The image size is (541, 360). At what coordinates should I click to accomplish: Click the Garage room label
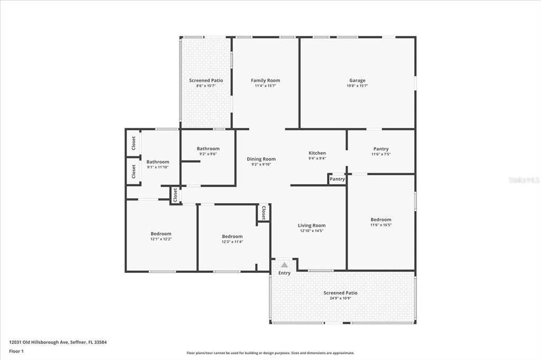pyautogui.click(x=357, y=80)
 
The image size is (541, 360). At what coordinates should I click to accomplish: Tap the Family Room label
pyautogui.click(x=265, y=80)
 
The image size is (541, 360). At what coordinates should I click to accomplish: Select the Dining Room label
pyautogui.click(x=261, y=159)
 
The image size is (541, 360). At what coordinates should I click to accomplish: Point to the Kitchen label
pyautogui.click(x=317, y=153)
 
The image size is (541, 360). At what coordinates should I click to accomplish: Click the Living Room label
pyautogui.click(x=312, y=225)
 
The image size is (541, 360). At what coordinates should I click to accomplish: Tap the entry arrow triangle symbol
pyautogui.click(x=284, y=265)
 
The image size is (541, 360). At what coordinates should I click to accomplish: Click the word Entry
pyautogui.click(x=284, y=273)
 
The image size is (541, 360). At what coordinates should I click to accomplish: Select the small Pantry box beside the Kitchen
pyautogui.click(x=337, y=179)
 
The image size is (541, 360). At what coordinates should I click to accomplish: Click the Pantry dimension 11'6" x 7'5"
pyautogui.click(x=380, y=154)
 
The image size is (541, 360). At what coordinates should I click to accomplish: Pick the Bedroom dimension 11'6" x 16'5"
pyautogui.click(x=380, y=225)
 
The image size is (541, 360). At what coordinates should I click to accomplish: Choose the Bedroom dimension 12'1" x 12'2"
pyautogui.click(x=161, y=239)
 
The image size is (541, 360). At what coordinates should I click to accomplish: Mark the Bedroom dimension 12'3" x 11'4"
pyautogui.click(x=232, y=242)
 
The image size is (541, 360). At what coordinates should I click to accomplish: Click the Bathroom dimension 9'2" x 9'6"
pyautogui.click(x=208, y=154)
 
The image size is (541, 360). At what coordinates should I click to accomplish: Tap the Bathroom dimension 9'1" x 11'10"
pyautogui.click(x=157, y=167)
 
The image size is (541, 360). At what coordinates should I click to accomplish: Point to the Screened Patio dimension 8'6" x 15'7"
pyautogui.click(x=206, y=86)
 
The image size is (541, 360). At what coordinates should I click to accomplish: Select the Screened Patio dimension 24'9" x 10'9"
pyautogui.click(x=340, y=298)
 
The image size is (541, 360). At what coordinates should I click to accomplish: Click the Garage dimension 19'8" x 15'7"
pyautogui.click(x=357, y=86)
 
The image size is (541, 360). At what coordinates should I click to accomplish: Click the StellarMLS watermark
pyautogui.click(x=524, y=180)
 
